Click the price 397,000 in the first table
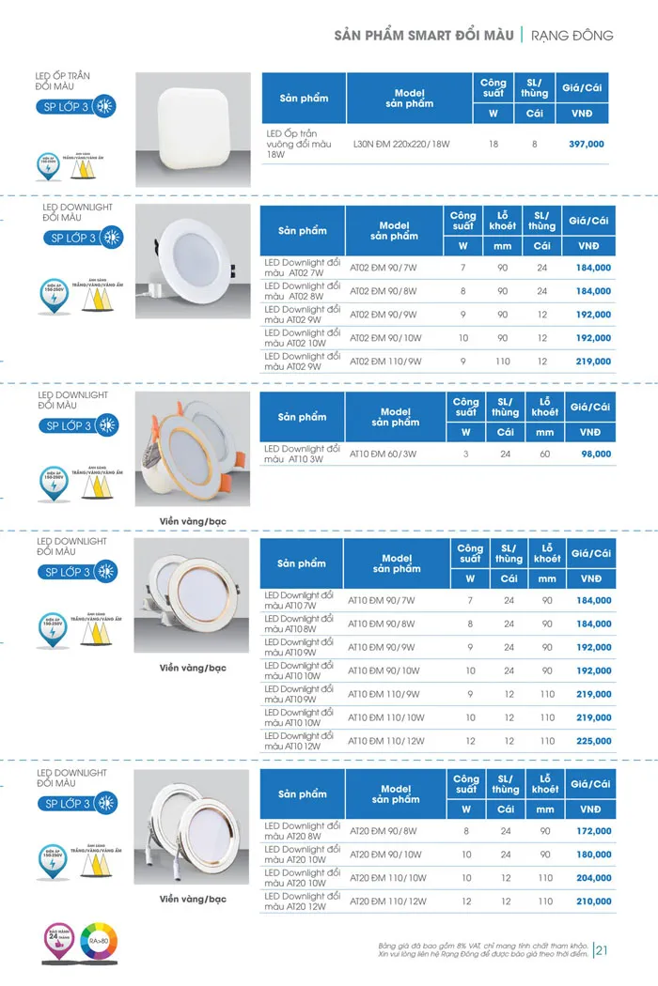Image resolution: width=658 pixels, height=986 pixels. click(587, 145)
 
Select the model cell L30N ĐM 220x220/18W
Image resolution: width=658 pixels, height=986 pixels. click(402, 145)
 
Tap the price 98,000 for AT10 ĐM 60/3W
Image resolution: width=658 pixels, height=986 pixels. click(596, 454)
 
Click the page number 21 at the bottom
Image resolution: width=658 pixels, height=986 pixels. click(603, 950)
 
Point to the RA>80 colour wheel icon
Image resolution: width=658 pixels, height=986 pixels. click(96, 940)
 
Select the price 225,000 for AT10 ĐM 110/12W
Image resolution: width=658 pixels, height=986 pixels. click(594, 741)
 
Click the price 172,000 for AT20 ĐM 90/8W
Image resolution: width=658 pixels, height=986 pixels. click(594, 831)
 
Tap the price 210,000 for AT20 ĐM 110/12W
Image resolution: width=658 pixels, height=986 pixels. click(594, 901)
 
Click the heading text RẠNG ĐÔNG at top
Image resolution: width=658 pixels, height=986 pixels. click(572, 36)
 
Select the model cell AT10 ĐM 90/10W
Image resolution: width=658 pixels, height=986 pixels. click(386, 670)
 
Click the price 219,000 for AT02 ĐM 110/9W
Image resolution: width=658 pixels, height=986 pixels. click(594, 362)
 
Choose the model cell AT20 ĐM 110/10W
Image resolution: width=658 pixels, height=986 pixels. click(387, 878)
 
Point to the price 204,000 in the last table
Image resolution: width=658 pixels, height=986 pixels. click(594, 878)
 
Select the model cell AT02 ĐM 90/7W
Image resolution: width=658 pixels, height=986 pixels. click(384, 268)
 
